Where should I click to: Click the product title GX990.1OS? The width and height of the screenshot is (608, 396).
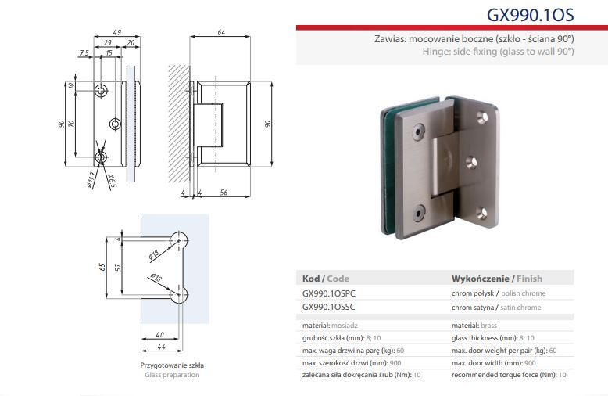coord(530,15)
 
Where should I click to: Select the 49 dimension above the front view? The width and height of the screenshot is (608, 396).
coord(116,32)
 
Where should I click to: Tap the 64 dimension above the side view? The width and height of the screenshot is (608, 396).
coord(221,32)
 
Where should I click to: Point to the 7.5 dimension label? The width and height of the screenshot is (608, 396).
coord(84,52)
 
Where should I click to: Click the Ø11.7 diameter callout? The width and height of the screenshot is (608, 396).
coord(91,180)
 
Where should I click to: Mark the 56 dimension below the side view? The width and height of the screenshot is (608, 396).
coord(224,193)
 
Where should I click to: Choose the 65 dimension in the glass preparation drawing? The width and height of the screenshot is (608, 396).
coord(102,267)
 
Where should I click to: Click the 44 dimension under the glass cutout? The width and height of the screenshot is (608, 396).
coord(161,347)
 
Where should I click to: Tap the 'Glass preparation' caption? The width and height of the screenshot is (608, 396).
coord(172,375)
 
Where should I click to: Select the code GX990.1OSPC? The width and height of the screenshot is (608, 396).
coord(328,293)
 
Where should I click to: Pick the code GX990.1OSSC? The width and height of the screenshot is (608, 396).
coord(328,307)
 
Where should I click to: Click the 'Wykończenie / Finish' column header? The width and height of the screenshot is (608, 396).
coord(497,279)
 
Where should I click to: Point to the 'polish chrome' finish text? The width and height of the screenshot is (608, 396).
coord(523,293)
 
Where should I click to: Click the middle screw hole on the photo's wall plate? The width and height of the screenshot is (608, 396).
coord(471,162)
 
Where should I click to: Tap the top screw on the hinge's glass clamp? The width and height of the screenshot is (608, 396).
coord(418,131)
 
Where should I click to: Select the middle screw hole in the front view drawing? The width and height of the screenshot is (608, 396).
coord(115,124)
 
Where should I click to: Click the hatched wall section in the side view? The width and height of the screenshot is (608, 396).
coord(179,124)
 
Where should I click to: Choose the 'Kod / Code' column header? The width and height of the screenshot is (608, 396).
coord(326,279)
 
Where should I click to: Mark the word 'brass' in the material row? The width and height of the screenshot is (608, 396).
coord(488,326)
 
